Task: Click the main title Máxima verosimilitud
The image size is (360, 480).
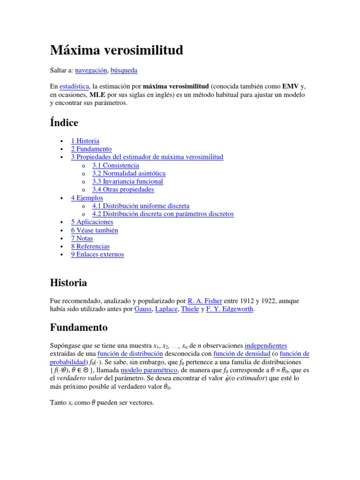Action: (116, 50)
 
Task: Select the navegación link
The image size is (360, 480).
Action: (91, 70)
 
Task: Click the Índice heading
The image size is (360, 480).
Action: (64, 123)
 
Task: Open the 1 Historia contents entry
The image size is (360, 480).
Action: (85, 141)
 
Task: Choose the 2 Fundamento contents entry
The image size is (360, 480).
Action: (91, 149)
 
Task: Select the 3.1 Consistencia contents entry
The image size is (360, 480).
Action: (115, 165)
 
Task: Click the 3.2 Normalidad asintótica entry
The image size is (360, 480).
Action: (128, 173)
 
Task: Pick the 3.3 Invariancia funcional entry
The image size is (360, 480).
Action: (127, 181)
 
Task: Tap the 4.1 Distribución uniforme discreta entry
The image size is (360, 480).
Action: (141, 206)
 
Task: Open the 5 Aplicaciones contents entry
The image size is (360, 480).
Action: (92, 222)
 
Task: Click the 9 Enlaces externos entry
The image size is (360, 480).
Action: (97, 255)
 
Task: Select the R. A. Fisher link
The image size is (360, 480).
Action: (205, 300)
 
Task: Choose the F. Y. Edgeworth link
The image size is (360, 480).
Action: (230, 309)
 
